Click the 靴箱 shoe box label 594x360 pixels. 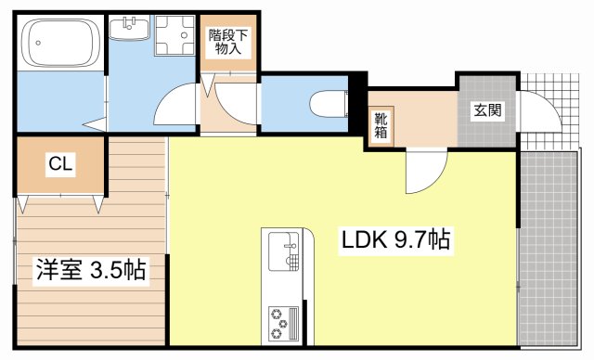tap(381, 125)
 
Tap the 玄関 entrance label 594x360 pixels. tap(488, 110)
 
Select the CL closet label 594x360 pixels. tap(61, 165)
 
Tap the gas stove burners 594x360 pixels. tap(281, 322)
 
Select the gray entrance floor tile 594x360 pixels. tap(487, 130)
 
